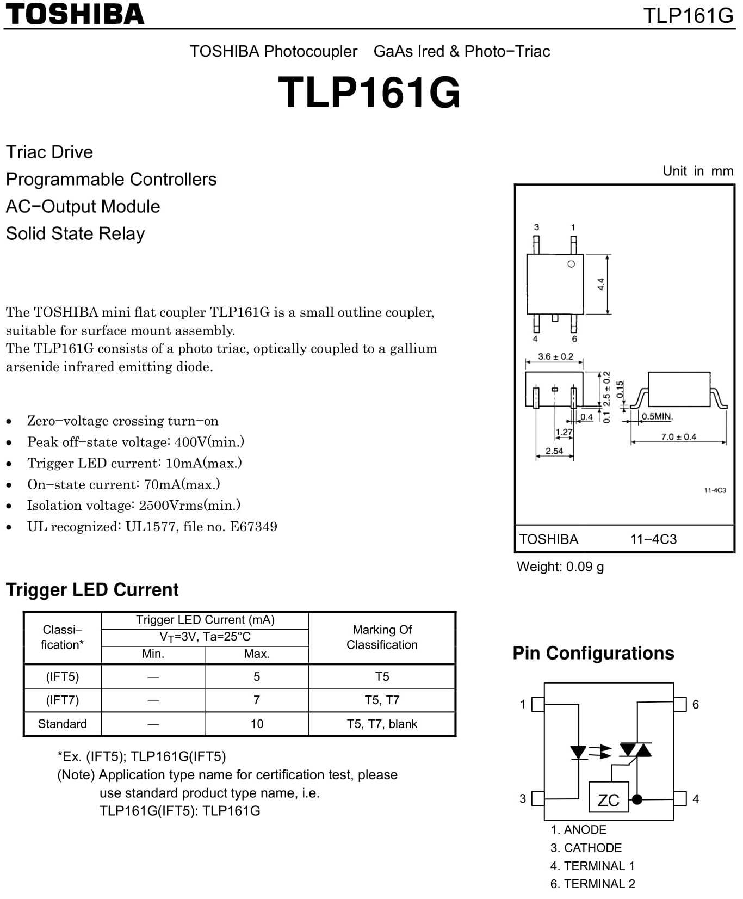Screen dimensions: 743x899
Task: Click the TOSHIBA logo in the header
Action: click(x=75, y=14)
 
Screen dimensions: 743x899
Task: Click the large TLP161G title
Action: click(x=369, y=92)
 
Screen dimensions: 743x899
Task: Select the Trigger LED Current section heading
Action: click(x=92, y=590)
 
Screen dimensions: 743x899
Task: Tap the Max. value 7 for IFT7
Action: click(x=257, y=700)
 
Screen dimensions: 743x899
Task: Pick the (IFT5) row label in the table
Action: click(x=63, y=677)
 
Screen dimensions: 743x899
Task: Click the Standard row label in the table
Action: click(x=63, y=724)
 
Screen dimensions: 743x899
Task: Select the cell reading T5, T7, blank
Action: click(x=382, y=724)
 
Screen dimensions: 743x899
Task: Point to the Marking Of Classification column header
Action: click(x=382, y=637)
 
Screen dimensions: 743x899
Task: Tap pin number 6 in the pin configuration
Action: click(x=695, y=705)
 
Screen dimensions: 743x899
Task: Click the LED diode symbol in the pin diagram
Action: click(x=578, y=752)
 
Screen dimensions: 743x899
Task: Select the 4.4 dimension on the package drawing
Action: click(x=600, y=284)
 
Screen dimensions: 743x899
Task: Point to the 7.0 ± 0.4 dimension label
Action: click(x=678, y=436)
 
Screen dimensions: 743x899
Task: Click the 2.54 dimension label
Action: click(x=554, y=451)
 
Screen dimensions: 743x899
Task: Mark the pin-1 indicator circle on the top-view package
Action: click(x=571, y=264)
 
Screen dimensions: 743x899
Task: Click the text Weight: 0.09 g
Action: click(x=560, y=567)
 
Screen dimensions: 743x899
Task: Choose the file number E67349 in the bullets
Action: click(x=253, y=527)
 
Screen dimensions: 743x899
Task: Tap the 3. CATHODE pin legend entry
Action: click(x=586, y=848)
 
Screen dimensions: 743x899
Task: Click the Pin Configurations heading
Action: click(x=593, y=653)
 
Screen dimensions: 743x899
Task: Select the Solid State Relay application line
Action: click(x=75, y=234)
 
